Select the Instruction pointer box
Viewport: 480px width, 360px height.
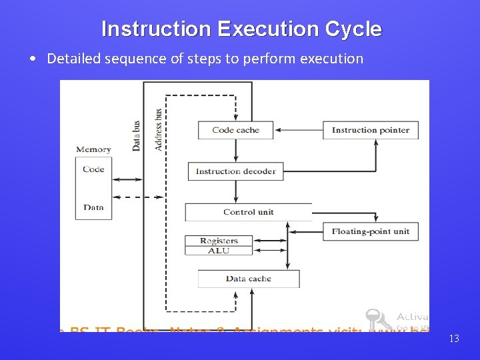click(371, 130)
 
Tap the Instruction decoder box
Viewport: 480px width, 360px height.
click(235, 171)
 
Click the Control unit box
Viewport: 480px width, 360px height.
click(248, 212)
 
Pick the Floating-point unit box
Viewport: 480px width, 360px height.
click(371, 231)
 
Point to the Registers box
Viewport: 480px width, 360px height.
click(219, 241)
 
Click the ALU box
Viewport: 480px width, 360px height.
click(219, 251)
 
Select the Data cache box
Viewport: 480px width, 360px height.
click(248, 279)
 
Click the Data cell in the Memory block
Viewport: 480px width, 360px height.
click(93, 207)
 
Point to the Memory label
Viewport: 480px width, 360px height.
click(93, 149)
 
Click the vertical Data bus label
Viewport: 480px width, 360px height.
click(137, 135)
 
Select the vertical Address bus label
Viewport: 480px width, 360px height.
click(158, 129)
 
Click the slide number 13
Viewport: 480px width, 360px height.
click(454, 339)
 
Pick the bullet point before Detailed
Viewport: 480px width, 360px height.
click(33, 59)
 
